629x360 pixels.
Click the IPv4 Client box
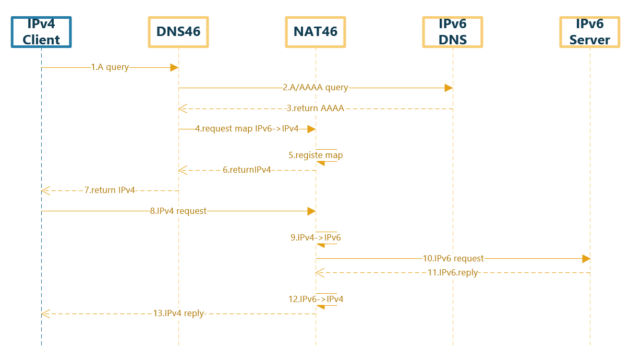[41, 32]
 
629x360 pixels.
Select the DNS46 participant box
[178, 32]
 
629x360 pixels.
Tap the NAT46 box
[316, 32]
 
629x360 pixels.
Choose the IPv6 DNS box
[453, 32]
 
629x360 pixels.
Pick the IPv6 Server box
[590, 32]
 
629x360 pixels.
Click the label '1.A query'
[110, 67]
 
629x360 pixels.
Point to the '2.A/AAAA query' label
[316, 88]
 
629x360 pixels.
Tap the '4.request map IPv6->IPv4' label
[247, 129]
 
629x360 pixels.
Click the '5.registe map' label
[316, 155]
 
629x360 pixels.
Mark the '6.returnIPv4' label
[247, 170]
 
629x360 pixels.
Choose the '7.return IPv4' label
[110, 190]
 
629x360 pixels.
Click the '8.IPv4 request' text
[178, 211]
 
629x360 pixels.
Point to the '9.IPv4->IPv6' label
[316, 238]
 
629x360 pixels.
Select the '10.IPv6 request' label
[453, 259]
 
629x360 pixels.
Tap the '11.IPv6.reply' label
[453, 272]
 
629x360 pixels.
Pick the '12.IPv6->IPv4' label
[316, 299]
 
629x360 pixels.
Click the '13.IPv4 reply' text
[178, 314]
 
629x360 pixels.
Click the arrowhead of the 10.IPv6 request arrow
[586, 259]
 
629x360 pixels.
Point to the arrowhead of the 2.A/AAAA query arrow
[449, 88]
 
